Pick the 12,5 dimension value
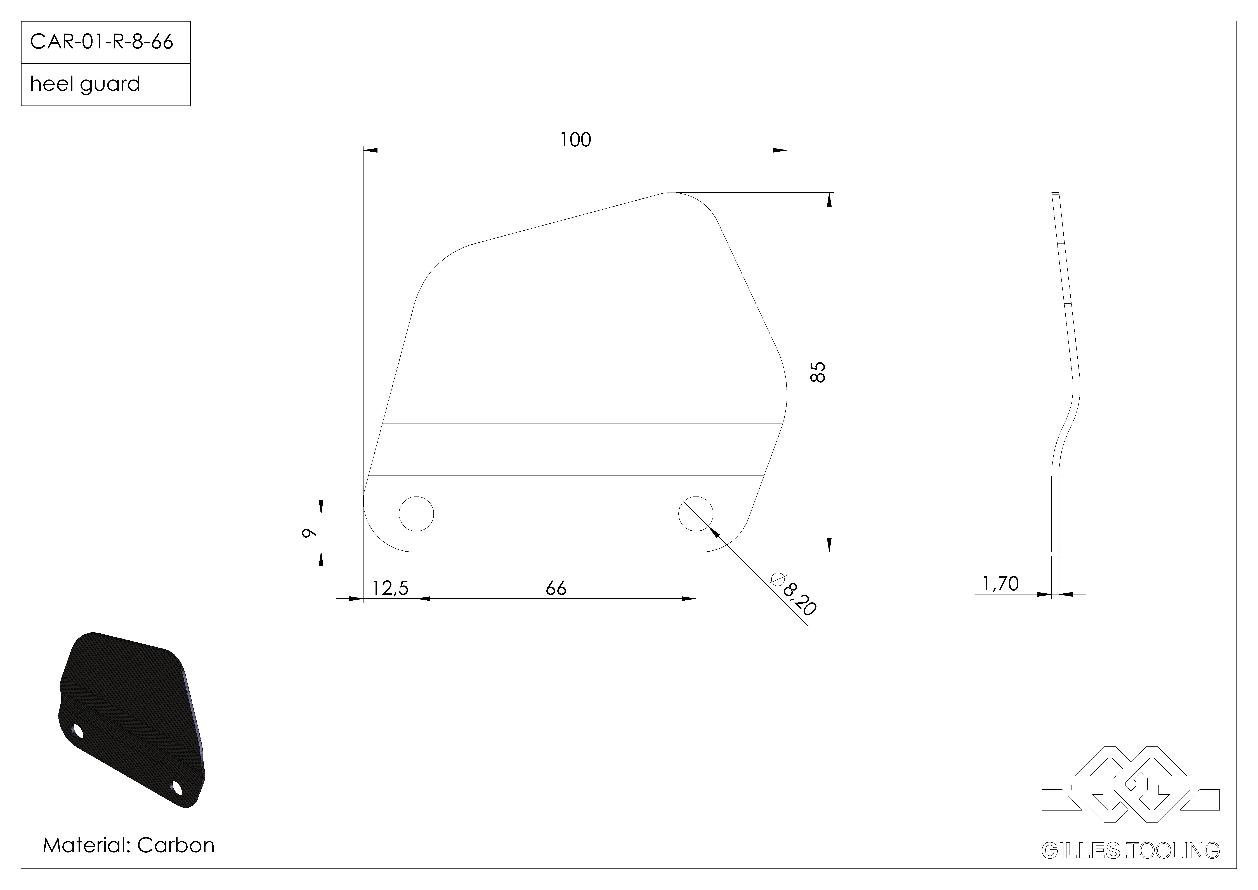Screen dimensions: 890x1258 point(390,588)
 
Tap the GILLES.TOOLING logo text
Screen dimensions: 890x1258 point(1130,850)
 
